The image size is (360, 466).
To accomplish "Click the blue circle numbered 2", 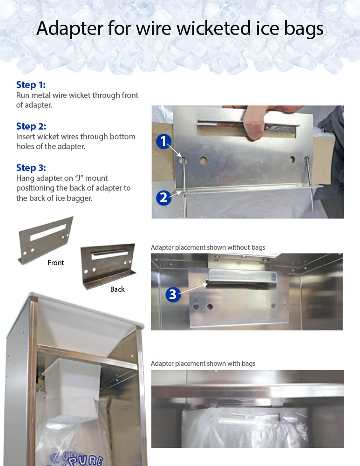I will pos(164,197).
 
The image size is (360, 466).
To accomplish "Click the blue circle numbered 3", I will pos(173,294).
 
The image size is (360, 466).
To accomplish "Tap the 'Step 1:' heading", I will pos(31,85).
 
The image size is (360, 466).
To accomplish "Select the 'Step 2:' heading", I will pos(31,126).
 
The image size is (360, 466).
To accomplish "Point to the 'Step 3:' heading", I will pos(31,168).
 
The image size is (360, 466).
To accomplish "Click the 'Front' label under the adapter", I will pos(55,263).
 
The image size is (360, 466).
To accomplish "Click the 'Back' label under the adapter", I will pos(117,289).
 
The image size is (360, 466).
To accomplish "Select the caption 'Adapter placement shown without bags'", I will pos(208,247).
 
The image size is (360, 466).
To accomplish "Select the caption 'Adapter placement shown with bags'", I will pos(203,363).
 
